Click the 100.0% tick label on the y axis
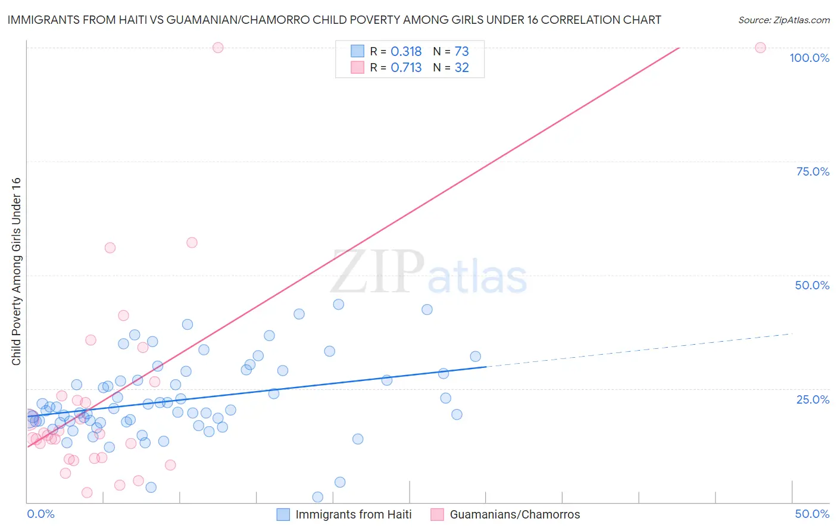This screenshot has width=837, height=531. tap(809, 58)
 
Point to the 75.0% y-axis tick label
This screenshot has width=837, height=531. tap(813, 171)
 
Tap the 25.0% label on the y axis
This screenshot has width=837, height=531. tap(813, 399)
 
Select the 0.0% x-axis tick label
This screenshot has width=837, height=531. tap(40, 514)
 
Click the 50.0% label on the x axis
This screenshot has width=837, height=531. tap(812, 514)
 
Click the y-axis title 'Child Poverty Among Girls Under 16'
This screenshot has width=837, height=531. tap(16, 271)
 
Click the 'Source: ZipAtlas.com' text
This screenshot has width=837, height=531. tap(783, 20)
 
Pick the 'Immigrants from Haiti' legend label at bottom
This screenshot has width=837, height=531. tap(353, 514)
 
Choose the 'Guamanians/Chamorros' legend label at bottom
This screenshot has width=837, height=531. tap(514, 514)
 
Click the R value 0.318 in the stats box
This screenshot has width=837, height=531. tap(406, 52)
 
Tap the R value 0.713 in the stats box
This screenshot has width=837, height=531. tap(406, 68)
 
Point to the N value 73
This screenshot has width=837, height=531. tap(461, 52)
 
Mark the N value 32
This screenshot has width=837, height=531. tap(461, 68)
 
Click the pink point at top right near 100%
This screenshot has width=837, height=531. tap(760, 48)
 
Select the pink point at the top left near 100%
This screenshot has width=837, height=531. tap(218, 48)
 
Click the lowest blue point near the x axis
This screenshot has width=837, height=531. tap(318, 497)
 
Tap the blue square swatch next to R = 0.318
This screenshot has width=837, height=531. tap(357, 51)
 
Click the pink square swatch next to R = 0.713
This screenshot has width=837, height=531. tap(357, 67)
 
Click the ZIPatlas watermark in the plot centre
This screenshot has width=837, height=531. tap(429, 273)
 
